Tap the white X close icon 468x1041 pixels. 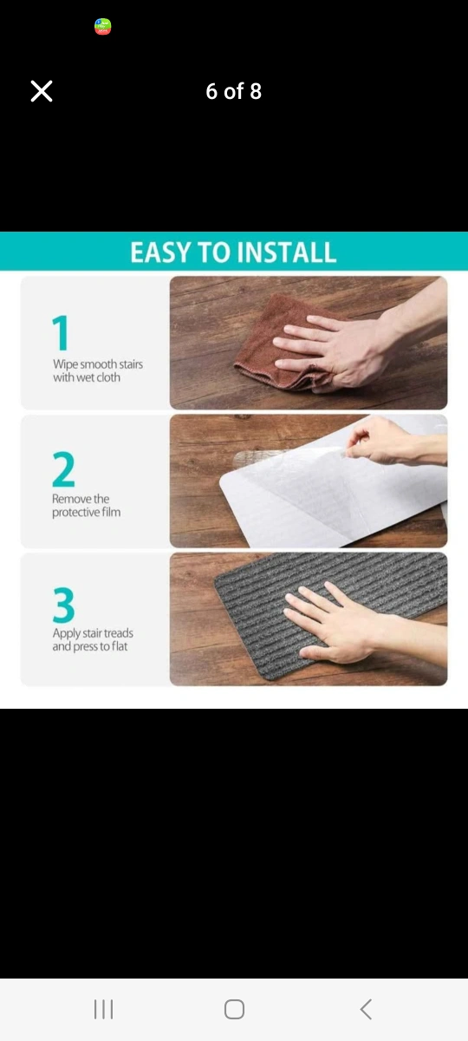(42, 90)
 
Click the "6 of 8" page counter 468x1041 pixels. (233, 91)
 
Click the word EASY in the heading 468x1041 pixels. (161, 252)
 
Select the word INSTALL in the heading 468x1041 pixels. (287, 252)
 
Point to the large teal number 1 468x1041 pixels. (61, 332)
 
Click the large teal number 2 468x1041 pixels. (63, 469)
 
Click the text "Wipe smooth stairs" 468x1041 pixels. (98, 363)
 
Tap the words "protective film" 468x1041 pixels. (87, 512)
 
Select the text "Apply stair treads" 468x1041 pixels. (93, 633)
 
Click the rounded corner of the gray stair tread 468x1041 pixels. (219, 581)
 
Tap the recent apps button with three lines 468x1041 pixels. (103, 1010)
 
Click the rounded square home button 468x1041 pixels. (234, 1010)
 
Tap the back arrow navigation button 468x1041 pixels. (366, 1010)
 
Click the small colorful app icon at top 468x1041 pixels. (102, 27)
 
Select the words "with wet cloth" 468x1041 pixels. (87, 377)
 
